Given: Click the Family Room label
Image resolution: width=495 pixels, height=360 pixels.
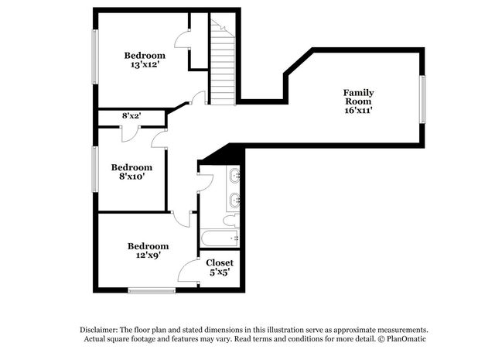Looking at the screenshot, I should pos(358,97).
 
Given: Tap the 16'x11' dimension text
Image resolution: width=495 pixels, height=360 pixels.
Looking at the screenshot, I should pos(360,111).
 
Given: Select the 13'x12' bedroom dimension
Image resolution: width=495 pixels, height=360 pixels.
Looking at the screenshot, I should pos(145,66).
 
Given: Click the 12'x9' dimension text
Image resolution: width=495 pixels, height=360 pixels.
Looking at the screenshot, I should pos(148,256).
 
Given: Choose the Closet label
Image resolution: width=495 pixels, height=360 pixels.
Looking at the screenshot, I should pos(220,262).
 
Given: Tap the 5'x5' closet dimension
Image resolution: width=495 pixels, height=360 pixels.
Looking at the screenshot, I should pos(220,273).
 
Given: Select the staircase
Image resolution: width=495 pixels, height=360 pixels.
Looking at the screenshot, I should pos(223,65).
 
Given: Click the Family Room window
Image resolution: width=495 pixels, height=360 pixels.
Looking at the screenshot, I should pos(422,99).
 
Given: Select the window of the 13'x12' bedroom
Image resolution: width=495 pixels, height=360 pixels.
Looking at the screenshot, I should pos(95,57).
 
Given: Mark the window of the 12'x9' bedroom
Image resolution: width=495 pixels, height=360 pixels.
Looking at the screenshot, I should pos(152,290).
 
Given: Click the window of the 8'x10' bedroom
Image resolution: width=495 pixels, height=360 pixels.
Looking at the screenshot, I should pos(95,170).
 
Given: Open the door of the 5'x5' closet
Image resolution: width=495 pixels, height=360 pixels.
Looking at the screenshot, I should pos(188,273).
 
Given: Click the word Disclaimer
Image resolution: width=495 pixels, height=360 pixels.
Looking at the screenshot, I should pos(103,329).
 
